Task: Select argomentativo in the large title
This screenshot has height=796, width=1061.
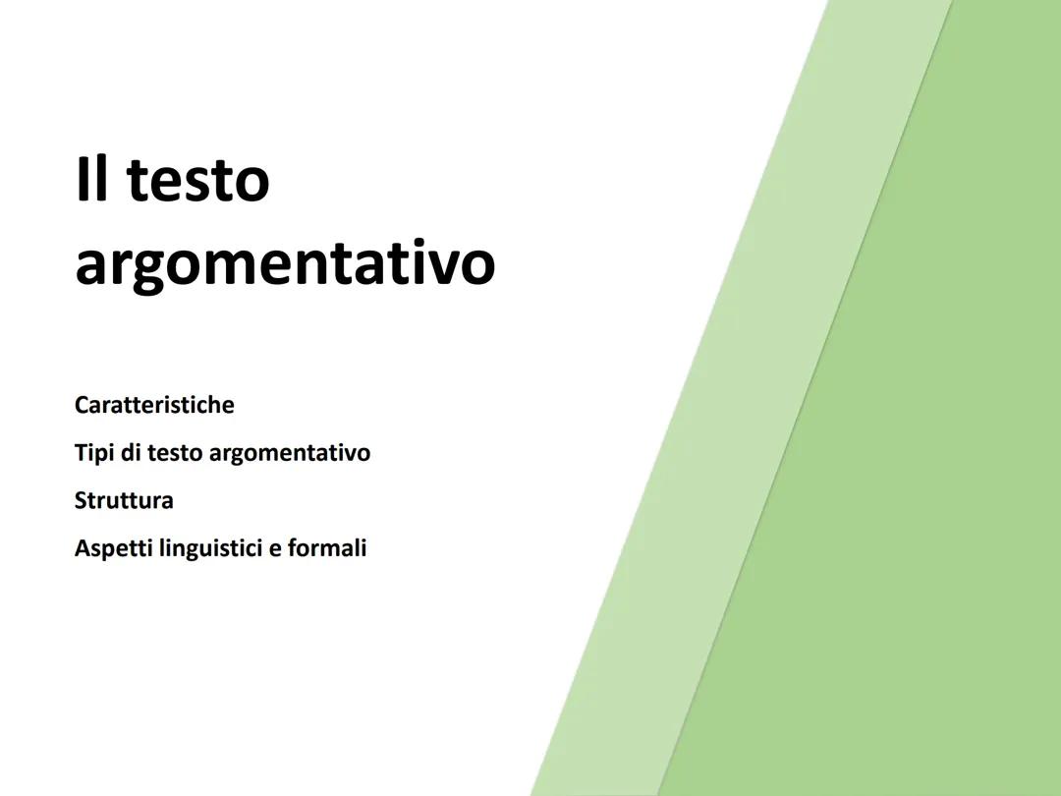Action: click(x=285, y=263)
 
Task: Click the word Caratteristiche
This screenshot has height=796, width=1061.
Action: click(x=154, y=405)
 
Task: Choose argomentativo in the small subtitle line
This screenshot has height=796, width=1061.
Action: click(x=290, y=454)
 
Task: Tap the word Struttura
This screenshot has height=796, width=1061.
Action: click(x=124, y=500)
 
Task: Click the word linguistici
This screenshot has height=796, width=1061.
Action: click(x=210, y=548)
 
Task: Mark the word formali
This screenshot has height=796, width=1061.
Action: click(x=327, y=547)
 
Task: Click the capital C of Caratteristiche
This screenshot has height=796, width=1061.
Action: click(x=82, y=405)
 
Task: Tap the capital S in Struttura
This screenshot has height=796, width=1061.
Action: click(x=81, y=500)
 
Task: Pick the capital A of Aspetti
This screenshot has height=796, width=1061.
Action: click(x=82, y=547)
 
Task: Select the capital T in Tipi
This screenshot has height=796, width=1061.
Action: click(x=81, y=453)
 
